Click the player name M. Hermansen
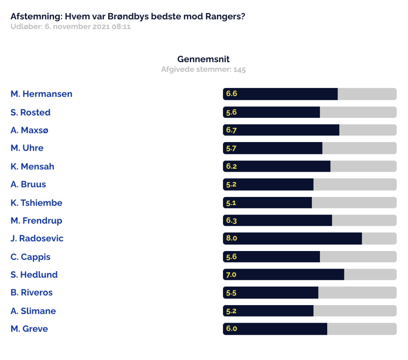tap(41, 94)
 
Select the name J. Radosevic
tap(37, 238)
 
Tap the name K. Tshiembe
tap(37, 203)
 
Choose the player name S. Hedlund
tap(34, 275)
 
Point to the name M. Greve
tap(29, 329)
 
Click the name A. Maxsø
tap(29, 130)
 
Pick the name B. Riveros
tap(31, 292)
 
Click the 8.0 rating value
tap(231, 238)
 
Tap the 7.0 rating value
tap(231, 275)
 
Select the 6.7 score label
tap(231, 130)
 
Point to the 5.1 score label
tap(231, 203)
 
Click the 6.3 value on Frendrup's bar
tap(231, 221)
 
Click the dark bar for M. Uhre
tap(273, 148)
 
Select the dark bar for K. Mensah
tap(277, 166)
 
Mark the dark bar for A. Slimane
tap(268, 311)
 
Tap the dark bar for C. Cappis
tap(271, 257)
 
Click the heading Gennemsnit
tap(204, 59)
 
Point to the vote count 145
tap(240, 70)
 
